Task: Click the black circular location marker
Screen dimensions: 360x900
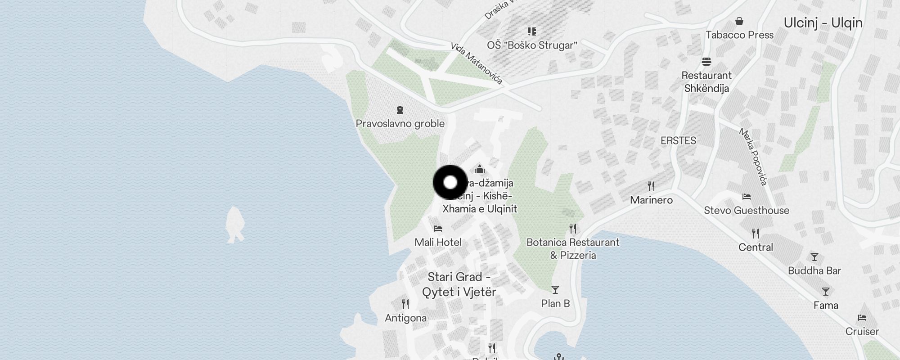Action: [450, 182]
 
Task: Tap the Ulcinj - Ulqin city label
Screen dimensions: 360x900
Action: [823, 23]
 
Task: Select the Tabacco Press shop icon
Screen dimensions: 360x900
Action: [739, 21]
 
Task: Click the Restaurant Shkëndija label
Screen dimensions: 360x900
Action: [706, 82]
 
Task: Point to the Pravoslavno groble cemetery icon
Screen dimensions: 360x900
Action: [400, 110]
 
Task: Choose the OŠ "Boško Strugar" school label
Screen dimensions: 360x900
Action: [532, 45]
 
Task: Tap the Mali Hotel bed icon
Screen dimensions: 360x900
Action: [438, 229]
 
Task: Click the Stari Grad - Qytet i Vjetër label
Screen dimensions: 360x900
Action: [459, 284]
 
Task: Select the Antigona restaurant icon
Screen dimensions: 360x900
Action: [405, 304]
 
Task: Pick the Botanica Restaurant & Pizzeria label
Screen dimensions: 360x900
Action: [573, 249]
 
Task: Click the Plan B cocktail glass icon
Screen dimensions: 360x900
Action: [555, 290]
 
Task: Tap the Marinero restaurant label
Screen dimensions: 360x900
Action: [651, 200]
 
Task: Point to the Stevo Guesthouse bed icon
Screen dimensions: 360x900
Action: [746, 197]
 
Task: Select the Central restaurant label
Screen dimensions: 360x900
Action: [756, 247]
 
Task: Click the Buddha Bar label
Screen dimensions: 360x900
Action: [814, 271]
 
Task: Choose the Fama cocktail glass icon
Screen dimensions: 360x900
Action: [825, 292]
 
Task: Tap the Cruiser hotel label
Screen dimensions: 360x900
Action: [862, 332]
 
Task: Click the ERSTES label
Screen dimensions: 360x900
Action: [678, 141]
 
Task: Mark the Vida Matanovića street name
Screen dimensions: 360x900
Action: [476, 63]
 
